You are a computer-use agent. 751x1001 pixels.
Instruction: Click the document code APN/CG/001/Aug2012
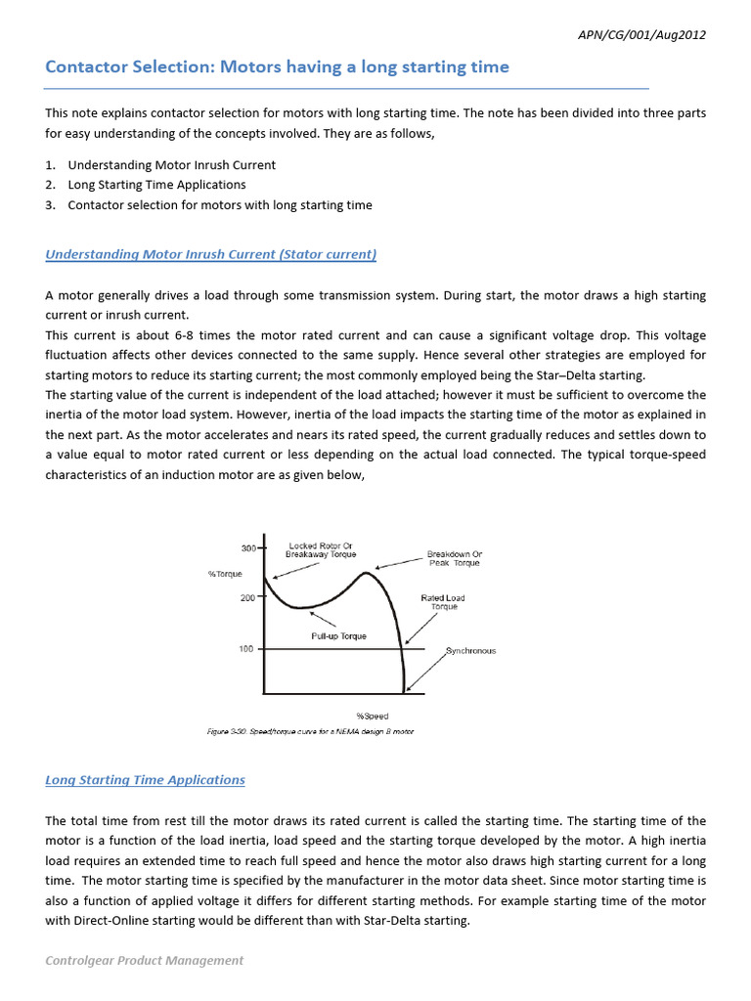click(x=643, y=35)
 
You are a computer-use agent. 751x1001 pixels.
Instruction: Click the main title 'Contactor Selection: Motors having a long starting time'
click(x=278, y=67)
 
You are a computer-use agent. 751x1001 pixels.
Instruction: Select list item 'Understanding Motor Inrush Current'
click(x=171, y=164)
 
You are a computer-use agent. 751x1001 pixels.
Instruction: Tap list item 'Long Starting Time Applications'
click(x=156, y=185)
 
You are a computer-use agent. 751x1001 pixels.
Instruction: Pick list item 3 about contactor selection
click(x=219, y=205)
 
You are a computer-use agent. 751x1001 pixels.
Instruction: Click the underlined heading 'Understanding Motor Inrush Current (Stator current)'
click(x=211, y=254)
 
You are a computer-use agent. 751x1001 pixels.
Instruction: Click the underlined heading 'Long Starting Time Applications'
click(x=146, y=780)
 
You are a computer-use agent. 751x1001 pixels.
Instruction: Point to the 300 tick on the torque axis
click(x=249, y=548)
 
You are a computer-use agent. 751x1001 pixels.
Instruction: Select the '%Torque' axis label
click(x=225, y=574)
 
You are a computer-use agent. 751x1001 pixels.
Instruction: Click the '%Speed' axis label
click(x=372, y=717)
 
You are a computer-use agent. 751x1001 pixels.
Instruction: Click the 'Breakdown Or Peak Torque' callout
click(x=454, y=558)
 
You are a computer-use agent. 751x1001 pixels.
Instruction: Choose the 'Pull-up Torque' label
click(x=338, y=636)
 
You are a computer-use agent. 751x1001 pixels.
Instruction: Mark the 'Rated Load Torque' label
click(x=444, y=602)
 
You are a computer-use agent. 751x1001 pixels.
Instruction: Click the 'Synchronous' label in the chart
click(x=471, y=651)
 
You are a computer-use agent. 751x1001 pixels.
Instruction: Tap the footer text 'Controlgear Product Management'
click(x=145, y=960)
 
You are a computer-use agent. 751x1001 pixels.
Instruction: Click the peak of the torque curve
click(x=366, y=573)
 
